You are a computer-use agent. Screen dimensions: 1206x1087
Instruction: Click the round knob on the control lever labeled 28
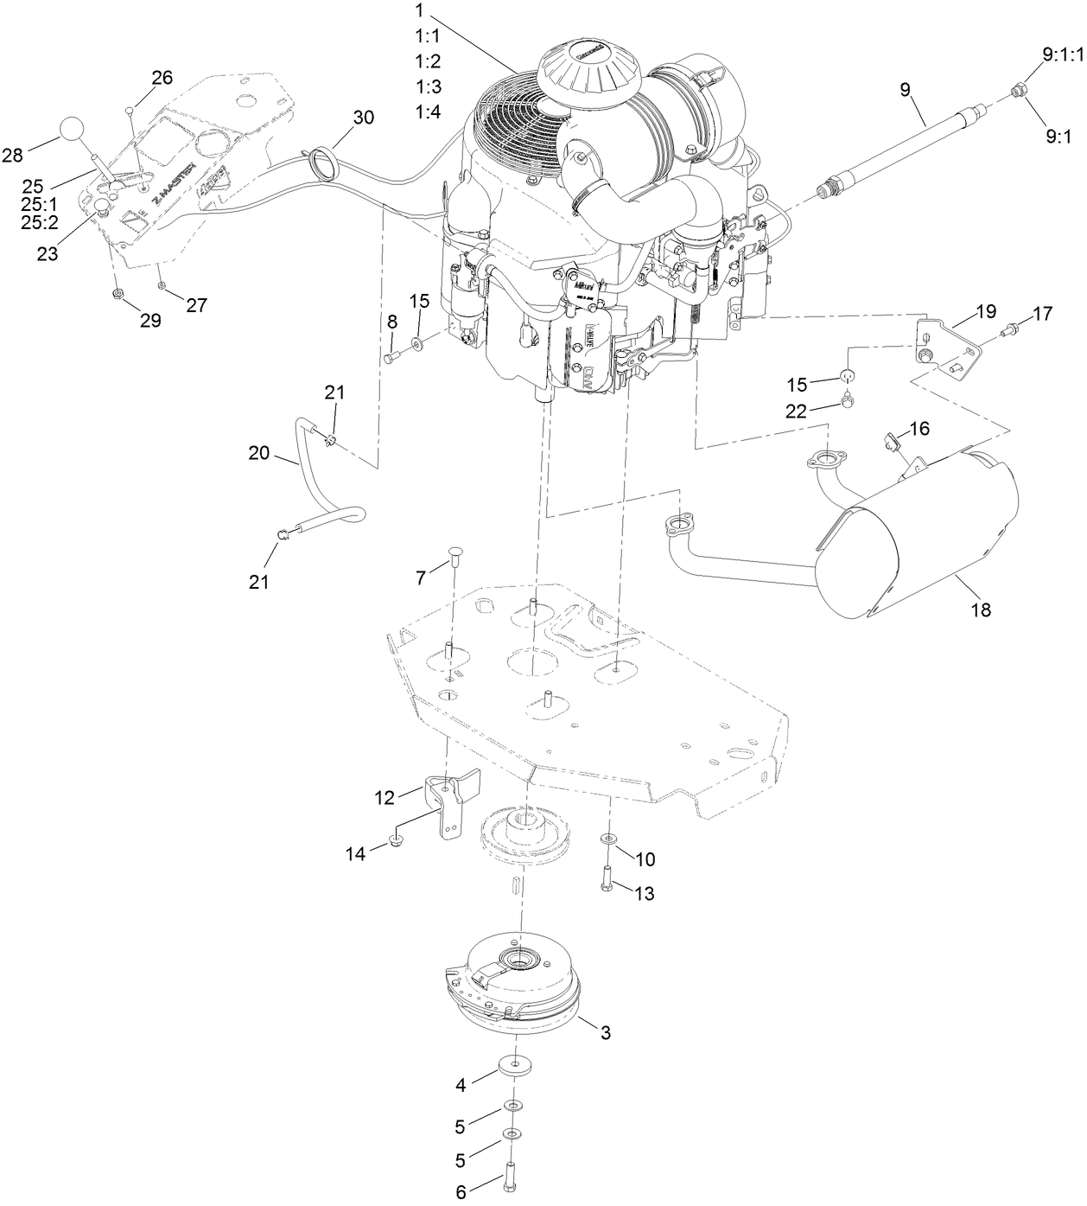coord(74,131)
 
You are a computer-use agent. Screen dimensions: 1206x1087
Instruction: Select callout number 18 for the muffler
coord(980,609)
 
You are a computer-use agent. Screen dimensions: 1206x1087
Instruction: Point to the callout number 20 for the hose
coord(259,453)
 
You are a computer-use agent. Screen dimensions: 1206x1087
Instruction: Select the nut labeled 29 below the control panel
coord(117,296)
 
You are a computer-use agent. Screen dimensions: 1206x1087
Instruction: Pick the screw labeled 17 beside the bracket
coord(1007,329)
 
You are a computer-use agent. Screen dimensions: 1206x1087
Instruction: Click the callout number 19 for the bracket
coord(986,311)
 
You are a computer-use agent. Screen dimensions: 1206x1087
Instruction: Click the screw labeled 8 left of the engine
coord(390,356)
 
